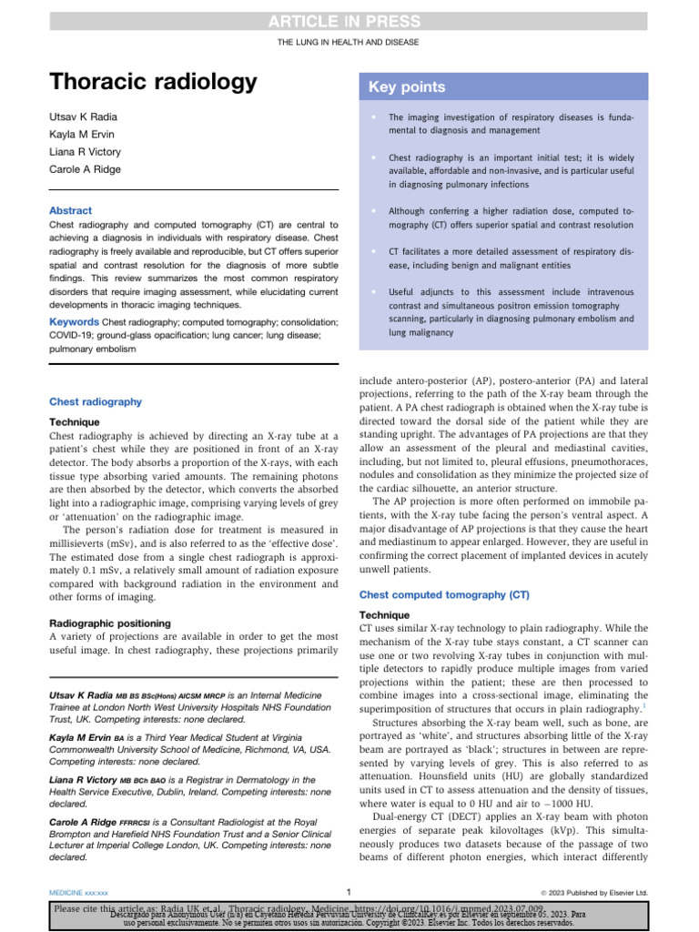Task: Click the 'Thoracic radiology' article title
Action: click(153, 83)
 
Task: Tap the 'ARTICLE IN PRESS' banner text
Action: click(349, 21)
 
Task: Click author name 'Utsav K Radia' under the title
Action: click(82, 118)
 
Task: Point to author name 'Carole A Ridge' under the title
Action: click(85, 169)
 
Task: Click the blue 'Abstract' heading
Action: click(70, 210)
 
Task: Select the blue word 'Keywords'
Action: click(74, 322)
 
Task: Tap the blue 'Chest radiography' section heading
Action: click(96, 401)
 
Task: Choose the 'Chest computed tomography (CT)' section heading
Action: click(445, 594)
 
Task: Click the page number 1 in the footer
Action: click(349, 891)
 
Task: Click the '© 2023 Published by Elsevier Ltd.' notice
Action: click(593, 892)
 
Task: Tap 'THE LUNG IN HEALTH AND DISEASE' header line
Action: click(349, 44)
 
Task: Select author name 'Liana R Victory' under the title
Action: click(86, 152)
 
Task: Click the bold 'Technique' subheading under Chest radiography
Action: click(75, 422)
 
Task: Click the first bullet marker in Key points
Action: click(373, 117)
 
